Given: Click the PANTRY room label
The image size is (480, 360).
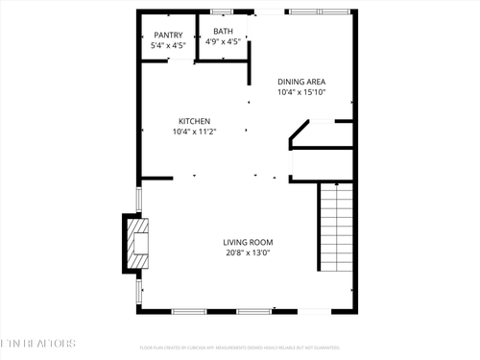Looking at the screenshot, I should (167, 36).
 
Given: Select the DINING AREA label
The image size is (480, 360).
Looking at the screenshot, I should (301, 82).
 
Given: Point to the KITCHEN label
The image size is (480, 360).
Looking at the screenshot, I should (194, 121).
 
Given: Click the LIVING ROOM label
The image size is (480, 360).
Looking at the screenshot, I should (249, 242).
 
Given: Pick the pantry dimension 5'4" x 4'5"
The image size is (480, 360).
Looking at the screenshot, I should (167, 46).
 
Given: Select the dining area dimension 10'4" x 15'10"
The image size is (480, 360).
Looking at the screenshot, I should (301, 93).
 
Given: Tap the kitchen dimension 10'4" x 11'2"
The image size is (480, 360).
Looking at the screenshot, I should (194, 132).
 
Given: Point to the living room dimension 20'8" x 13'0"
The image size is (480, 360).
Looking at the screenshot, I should (249, 253).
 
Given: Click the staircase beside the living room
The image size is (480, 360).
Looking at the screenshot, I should (336, 228).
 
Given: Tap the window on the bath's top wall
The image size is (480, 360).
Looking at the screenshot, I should (221, 12).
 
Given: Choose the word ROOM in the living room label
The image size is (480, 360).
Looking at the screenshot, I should (262, 242).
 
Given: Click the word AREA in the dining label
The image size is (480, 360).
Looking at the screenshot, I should (314, 82).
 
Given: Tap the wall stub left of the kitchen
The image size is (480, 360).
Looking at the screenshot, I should (156, 178).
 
